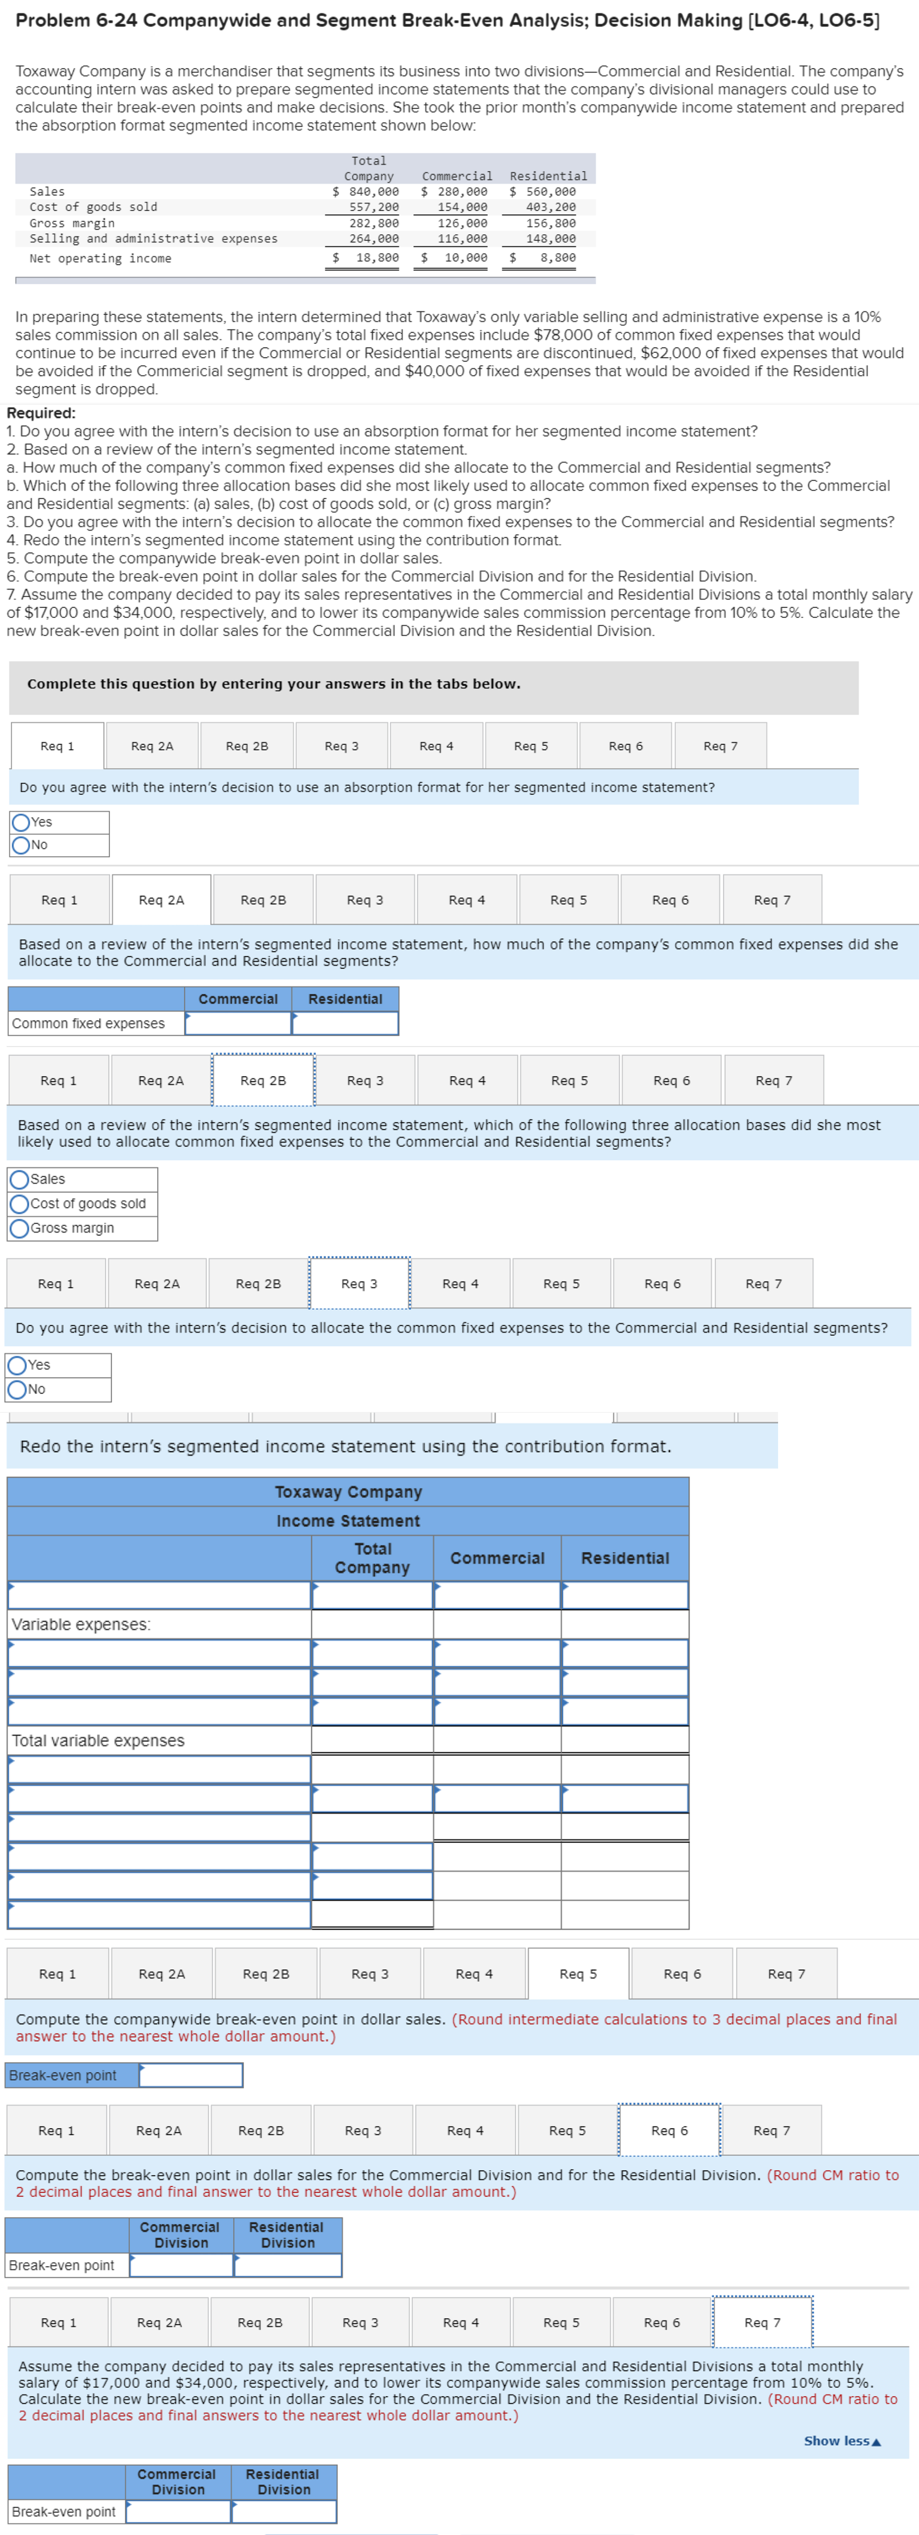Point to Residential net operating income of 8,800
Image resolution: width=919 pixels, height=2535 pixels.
(x=557, y=258)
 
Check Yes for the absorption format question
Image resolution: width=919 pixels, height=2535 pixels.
(x=21, y=822)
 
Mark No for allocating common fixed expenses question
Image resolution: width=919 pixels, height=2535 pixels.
(x=17, y=1390)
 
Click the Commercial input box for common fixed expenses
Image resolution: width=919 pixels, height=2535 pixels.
(x=238, y=1023)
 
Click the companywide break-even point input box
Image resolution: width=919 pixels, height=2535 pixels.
(x=191, y=2075)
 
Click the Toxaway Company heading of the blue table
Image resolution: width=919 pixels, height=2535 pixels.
(x=348, y=1492)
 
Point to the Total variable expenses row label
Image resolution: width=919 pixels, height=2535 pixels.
(x=98, y=1741)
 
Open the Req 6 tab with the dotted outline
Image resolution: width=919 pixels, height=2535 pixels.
(x=669, y=2131)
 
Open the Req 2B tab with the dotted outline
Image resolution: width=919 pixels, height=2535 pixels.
(x=263, y=1080)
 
